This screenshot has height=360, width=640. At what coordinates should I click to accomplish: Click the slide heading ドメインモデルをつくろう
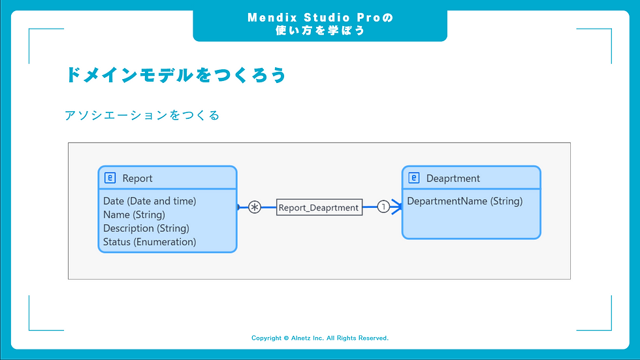pos(176,75)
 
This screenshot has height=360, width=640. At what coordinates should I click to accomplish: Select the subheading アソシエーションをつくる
pos(142,116)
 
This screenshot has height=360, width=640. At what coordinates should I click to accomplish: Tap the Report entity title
pos(137,178)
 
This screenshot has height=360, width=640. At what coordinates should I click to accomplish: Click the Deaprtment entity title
pos(453,178)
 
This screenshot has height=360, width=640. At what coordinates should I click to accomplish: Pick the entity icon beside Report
pos(110,178)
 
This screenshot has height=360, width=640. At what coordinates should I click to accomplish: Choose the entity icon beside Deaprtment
pos(413,178)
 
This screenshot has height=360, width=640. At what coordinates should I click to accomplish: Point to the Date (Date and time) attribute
pos(150,201)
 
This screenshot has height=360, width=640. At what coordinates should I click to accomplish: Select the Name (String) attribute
pos(134,214)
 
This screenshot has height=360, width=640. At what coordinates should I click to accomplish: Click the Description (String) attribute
pos(146,228)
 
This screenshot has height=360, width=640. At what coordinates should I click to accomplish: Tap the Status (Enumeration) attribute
pos(150,242)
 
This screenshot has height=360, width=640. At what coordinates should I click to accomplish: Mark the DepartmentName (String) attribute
pos(464,201)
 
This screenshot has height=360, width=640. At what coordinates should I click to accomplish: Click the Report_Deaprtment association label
pos(319,207)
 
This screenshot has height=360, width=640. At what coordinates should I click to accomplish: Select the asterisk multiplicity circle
pos(254,207)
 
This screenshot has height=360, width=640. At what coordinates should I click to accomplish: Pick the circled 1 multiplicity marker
pos(383,207)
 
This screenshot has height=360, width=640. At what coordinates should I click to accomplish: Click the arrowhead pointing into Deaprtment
pos(396,207)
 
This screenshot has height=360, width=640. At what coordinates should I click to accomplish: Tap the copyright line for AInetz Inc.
pos(320,338)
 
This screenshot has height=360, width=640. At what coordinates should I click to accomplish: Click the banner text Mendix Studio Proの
pos(320,18)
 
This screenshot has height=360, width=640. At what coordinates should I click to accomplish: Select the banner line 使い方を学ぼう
pos(320,31)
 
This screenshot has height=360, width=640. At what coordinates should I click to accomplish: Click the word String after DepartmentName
pos(507,201)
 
